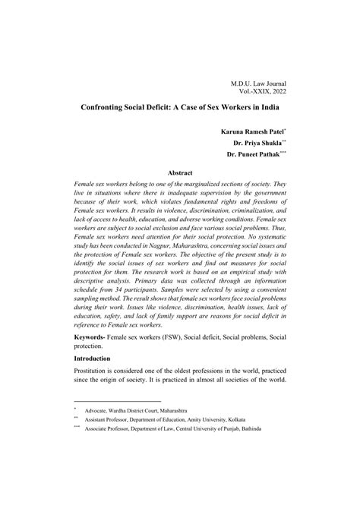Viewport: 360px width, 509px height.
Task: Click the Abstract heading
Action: (180, 173)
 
